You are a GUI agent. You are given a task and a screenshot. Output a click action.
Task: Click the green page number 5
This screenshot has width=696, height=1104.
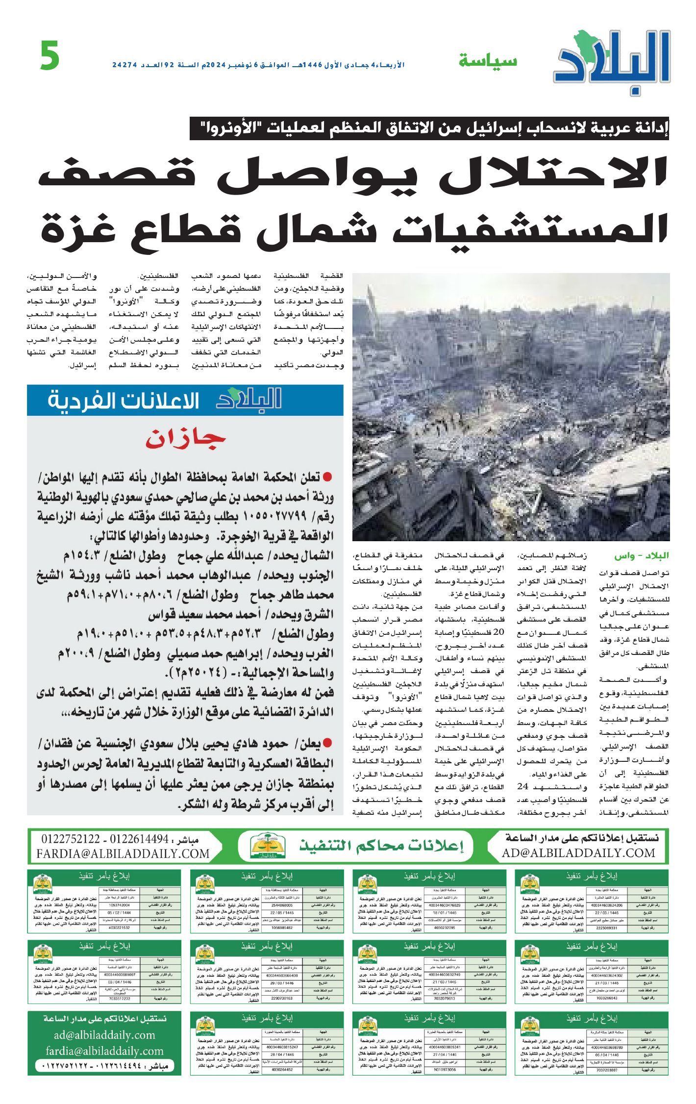pos(50,56)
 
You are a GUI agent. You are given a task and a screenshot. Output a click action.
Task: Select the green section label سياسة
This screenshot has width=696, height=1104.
pos(488,61)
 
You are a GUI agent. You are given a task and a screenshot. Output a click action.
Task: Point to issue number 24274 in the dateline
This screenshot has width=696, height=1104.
pos(124,65)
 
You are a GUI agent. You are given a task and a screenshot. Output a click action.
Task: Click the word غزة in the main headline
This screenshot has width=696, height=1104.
pos(74,229)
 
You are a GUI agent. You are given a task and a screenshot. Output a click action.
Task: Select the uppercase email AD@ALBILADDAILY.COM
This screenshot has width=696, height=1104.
pos(578,853)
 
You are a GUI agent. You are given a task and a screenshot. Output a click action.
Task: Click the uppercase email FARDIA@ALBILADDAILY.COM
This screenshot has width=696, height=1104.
pos(123,853)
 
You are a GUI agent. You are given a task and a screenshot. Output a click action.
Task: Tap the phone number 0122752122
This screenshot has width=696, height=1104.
pos(71,839)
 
